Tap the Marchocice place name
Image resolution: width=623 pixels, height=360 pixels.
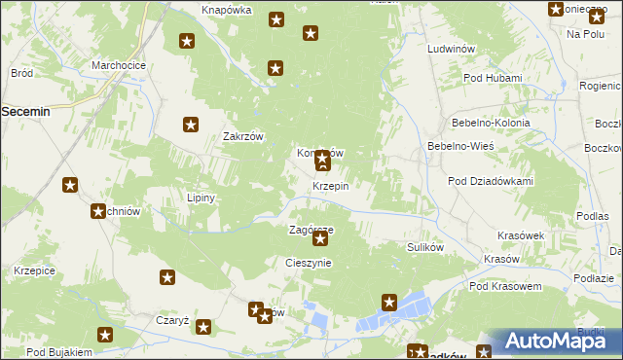point(118,65)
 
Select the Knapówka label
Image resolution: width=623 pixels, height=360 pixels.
point(227,10)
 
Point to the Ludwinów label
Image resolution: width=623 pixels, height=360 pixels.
point(451,48)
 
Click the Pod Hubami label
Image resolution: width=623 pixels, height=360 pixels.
point(493,78)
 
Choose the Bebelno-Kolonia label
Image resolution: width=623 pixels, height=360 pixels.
point(491,124)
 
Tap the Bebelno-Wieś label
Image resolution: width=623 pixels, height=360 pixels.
point(461,146)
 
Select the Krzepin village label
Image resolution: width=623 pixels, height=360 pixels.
point(331,186)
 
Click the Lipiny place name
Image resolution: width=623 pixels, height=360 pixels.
point(201,198)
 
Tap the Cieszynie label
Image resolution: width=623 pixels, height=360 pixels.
point(309,263)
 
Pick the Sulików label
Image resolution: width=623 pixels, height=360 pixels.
point(425,247)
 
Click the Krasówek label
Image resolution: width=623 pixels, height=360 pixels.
point(520,235)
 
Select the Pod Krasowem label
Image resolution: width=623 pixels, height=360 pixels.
point(504,286)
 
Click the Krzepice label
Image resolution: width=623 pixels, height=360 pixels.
point(34,270)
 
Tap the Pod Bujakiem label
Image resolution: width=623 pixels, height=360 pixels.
point(58,351)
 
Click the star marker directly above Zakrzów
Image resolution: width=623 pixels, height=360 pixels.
point(191,125)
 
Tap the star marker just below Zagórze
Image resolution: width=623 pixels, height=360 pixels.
point(320,238)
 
